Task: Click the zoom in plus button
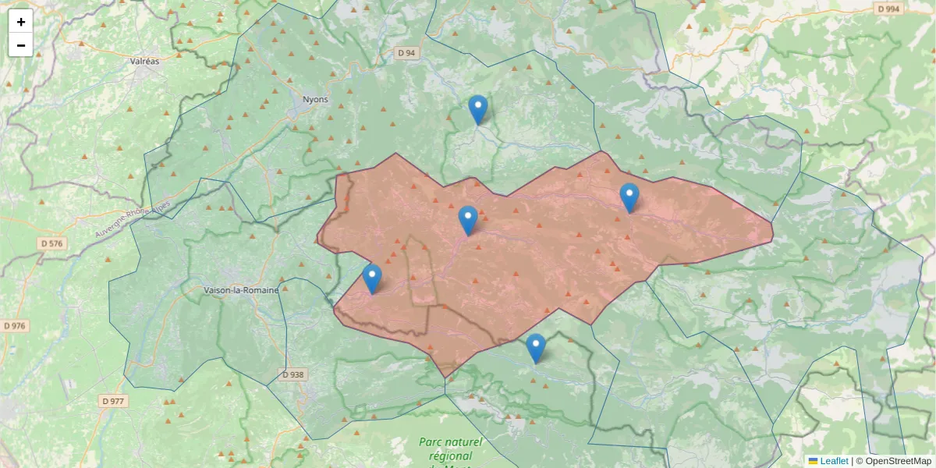[21, 22]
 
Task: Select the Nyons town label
[316, 99]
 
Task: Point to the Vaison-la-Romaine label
[241, 290]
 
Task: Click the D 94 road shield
[406, 53]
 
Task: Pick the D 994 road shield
[888, 9]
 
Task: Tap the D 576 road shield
[53, 243]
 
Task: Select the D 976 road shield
[15, 325]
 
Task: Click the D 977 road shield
[113, 401]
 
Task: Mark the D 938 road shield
[292, 374]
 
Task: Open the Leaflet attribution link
[833, 461]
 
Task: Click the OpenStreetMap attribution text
[897, 461]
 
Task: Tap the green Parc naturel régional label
[450, 448]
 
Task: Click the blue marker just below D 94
[478, 110]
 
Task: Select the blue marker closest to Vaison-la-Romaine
[372, 279]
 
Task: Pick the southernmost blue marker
[536, 349]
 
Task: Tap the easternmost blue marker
[629, 198]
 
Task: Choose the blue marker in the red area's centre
[468, 221]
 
